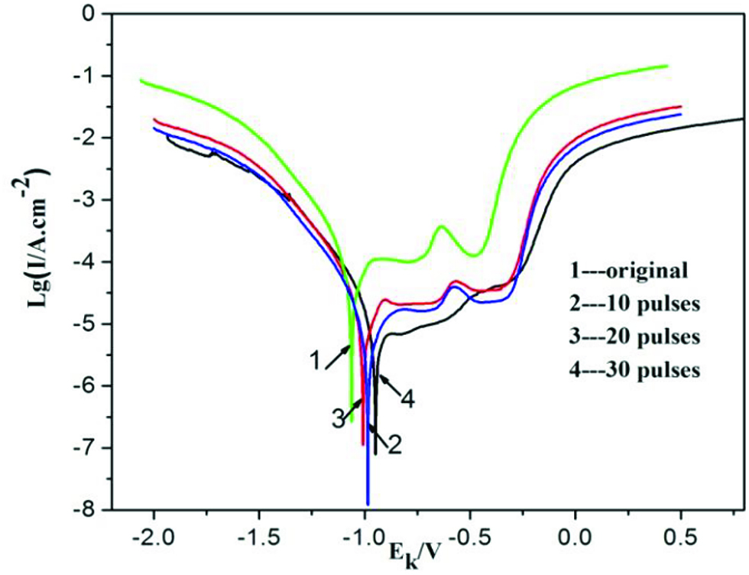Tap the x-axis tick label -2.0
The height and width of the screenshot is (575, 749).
pos(154,537)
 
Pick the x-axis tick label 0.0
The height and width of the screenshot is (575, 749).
pos(574,537)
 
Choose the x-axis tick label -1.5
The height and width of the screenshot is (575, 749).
pos(258,537)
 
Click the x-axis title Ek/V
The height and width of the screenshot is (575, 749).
pos(412,551)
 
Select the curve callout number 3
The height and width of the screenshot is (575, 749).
pos(337,419)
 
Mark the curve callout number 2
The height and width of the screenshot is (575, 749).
pos(394,444)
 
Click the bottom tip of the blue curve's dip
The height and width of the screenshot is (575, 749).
pos(368,505)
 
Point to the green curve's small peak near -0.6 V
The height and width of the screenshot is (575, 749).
pos(442,226)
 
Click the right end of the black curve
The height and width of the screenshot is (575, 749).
pos(742,119)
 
